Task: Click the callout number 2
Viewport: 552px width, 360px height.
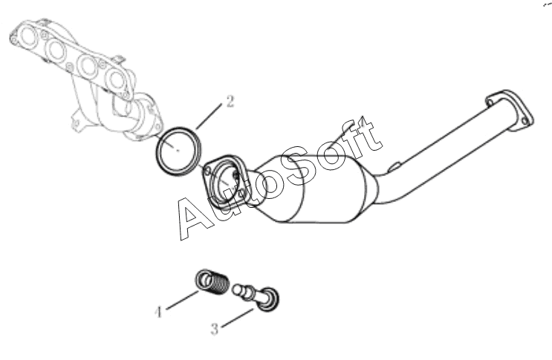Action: (x=230, y=102)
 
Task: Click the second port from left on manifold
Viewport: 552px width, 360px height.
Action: (x=56, y=50)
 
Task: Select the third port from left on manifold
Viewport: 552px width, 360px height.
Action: (x=85, y=65)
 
